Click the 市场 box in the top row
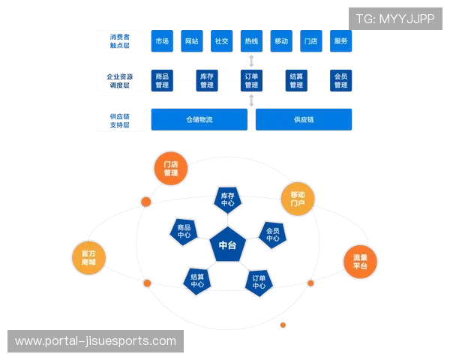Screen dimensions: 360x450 (x=161, y=41)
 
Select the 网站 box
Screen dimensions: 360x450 (x=191, y=41)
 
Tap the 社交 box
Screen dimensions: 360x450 (x=221, y=41)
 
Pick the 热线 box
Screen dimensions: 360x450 (x=251, y=41)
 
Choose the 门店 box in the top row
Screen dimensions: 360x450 (x=311, y=41)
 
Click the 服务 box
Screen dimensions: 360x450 (x=340, y=41)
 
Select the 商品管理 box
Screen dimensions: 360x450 (x=161, y=80)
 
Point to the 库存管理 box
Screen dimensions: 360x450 (x=206, y=80)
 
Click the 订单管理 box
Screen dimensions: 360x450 (x=251, y=80)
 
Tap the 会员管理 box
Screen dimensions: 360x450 (x=340, y=80)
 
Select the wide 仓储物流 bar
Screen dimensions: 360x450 (x=199, y=119)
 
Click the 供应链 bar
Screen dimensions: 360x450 (x=304, y=119)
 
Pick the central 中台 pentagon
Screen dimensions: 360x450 (x=227, y=244)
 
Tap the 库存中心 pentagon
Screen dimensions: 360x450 (x=228, y=199)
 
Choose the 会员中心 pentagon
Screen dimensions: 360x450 (x=272, y=234)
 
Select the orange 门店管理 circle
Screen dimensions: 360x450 (x=171, y=169)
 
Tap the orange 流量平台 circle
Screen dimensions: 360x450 (x=360, y=262)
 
